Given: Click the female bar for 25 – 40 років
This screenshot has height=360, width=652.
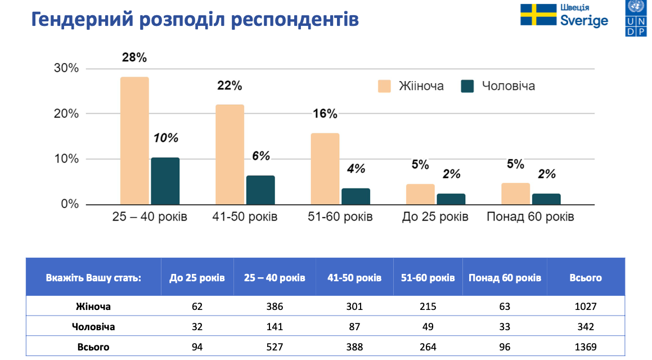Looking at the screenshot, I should (134, 141).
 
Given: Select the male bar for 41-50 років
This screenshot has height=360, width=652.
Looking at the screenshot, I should (260, 190).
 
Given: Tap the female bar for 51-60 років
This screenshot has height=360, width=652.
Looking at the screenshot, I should (325, 169).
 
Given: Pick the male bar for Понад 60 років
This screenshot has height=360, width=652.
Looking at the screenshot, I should (546, 199).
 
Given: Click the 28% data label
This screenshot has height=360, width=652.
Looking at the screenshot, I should (134, 57).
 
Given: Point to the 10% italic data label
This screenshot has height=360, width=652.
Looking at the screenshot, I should (165, 138).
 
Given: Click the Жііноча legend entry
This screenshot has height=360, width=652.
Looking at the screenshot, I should (411, 86).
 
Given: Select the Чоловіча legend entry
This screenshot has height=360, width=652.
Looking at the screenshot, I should (498, 86).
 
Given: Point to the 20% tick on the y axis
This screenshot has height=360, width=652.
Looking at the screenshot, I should (66, 114).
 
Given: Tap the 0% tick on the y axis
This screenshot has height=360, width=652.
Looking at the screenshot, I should (70, 204).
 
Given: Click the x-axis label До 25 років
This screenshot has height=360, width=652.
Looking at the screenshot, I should (435, 217).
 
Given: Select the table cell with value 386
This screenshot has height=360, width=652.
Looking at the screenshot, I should (275, 307).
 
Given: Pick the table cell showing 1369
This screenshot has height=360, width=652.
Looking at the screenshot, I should (585, 347).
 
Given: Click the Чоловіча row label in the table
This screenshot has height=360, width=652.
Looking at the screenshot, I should (93, 327).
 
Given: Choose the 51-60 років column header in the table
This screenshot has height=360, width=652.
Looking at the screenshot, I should (428, 278).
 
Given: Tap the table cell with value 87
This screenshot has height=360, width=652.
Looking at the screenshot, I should (354, 327).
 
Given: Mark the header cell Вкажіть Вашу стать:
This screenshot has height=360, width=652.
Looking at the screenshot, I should (93, 278).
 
